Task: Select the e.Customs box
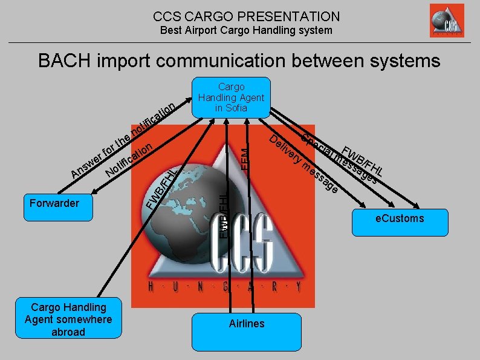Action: tap(400, 219)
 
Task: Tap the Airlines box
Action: tap(247, 331)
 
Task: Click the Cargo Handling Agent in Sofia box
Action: tap(231, 97)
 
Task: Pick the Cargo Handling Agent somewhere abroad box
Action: tap(68, 319)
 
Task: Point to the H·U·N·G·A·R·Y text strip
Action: tap(224, 287)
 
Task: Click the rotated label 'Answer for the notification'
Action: tap(121, 143)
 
